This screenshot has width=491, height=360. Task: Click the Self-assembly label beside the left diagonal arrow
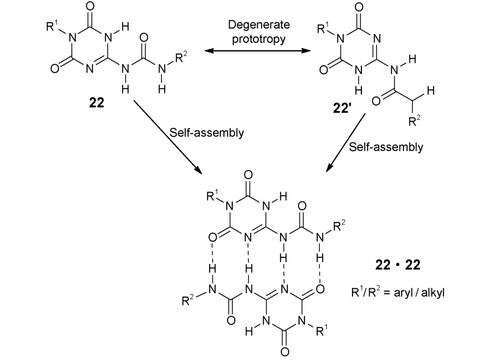coord(209,134)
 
